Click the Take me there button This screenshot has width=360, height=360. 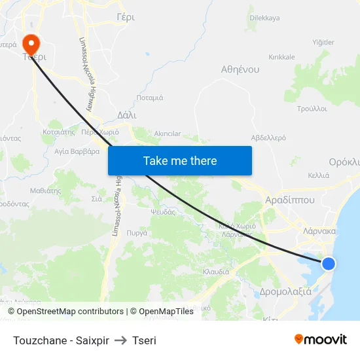[x=180, y=160]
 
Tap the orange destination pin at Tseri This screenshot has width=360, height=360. [x=31, y=43]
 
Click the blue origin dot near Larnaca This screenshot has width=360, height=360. [x=329, y=263]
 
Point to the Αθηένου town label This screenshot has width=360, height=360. [x=240, y=69]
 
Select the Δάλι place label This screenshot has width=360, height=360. [x=126, y=115]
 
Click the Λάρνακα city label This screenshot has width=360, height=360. [x=319, y=231]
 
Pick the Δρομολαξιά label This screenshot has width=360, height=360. [x=285, y=292]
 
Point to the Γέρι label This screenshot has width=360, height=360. [x=125, y=17]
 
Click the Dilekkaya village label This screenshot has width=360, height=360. [x=264, y=18]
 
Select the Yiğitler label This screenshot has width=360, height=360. [x=323, y=43]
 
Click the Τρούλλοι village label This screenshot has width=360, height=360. [x=312, y=109]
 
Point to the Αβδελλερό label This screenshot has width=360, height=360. [x=268, y=138]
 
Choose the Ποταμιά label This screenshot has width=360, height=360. [x=149, y=98]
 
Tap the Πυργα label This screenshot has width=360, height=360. [x=137, y=232]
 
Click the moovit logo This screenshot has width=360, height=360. [x=320, y=340]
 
